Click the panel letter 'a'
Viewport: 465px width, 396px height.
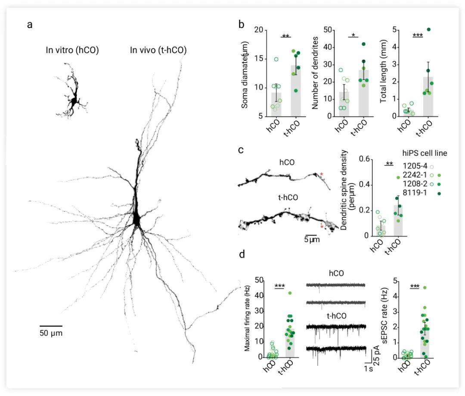tap(29, 25)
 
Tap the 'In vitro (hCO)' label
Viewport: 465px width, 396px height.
tap(72, 50)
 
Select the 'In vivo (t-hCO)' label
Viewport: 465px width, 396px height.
tap(158, 50)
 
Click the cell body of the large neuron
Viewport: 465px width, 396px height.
tap(136, 219)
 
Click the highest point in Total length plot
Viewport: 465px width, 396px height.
tap(428, 30)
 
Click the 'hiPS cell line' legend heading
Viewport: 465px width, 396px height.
tap(425, 152)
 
